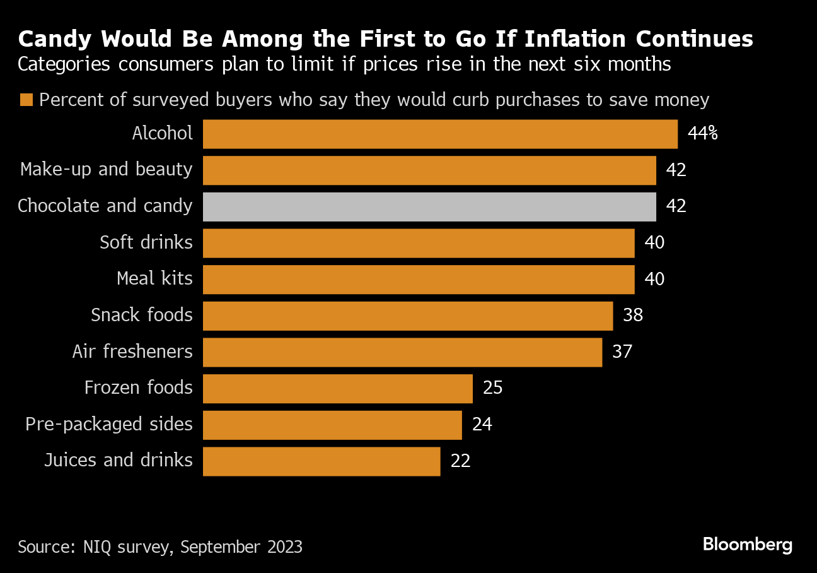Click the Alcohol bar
[x=440, y=134]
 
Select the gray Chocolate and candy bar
[x=429, y=207]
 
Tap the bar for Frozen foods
[x=337, y=388]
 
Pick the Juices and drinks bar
[x=322, y=461]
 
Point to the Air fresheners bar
[x=402, y=351]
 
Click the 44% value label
[x=703, y=134]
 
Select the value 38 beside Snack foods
[x=633, y=316]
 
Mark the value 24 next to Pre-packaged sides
[x=482, y=424]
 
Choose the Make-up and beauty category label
[x=107, y=170]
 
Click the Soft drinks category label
[x=146, y=242]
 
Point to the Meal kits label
[x=154, y=279]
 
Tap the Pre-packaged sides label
[x=109, y=424]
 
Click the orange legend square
[x=26, y=100]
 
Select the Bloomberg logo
[x=748, y=544]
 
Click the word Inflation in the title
[x=564, y=40]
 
